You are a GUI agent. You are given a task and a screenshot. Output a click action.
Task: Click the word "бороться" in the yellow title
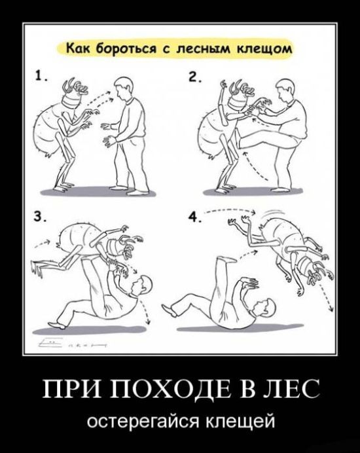[x=118, y=48]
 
